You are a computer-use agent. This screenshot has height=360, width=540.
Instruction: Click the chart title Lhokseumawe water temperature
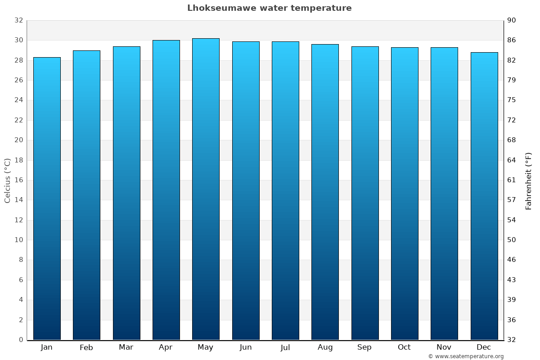click(x=269, y=8)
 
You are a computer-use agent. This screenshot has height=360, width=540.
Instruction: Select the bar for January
click(x=47, y=198)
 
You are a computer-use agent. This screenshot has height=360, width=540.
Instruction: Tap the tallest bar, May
click(x=206, y=189)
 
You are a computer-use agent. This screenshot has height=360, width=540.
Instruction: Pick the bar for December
click(x=484, y=196)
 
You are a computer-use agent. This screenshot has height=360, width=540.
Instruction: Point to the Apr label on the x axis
click(x=166, y=347)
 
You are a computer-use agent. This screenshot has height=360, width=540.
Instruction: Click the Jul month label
click(x=285, y=347)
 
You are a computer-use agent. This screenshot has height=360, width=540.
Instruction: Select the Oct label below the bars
click(x=404, y=347)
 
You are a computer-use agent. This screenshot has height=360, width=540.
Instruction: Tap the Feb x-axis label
click(x=86, y=347)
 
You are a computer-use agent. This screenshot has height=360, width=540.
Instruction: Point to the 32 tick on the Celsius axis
click(x=18, y=20)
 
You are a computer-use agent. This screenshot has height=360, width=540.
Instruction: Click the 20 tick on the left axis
click(x=18, y=140)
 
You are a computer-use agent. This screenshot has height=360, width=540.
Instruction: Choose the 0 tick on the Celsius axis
click(x=21, y=340)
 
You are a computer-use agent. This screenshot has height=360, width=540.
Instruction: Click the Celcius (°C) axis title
click(x=8, y=180)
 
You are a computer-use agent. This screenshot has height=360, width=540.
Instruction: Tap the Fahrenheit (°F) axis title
click(x=528, y=181)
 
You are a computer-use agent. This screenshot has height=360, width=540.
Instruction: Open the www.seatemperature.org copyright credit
click(x=465, y=356)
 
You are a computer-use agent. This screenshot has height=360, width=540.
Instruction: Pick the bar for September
click(x=364, y=193)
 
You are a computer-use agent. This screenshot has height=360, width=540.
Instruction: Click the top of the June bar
click(x=246, y=42)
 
